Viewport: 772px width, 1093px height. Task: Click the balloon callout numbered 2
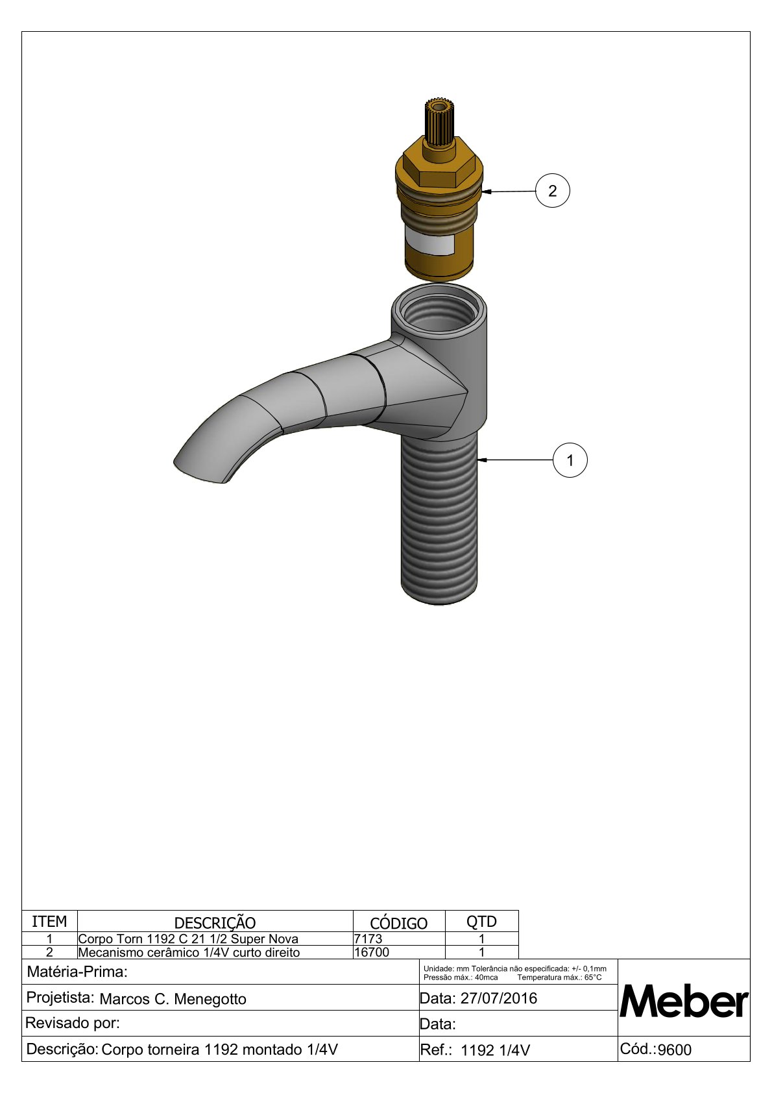coord(552,190)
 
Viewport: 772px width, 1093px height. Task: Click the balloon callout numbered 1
coord(570,460)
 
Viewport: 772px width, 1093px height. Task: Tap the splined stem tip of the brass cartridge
coord(440,121)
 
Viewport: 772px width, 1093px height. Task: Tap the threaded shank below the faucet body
coord(439,520)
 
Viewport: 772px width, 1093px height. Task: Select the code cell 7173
coord(368,939)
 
